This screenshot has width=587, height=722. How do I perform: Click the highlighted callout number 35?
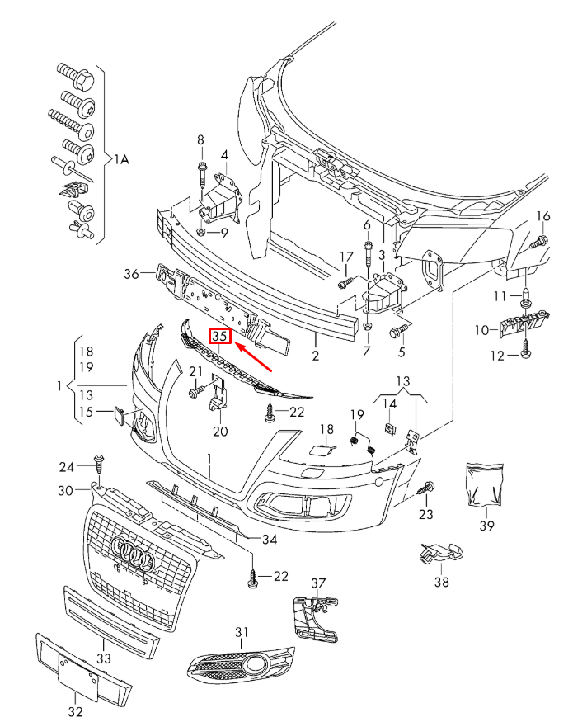click(x=220, y=337)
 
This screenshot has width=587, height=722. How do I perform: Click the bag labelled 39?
click(x=484, y=484)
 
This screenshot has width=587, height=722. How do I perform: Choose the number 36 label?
click(x=132, y=274)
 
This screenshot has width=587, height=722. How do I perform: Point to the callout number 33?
click(x=103, y=659)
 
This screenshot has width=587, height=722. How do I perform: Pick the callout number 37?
click(x=318, y=583)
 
